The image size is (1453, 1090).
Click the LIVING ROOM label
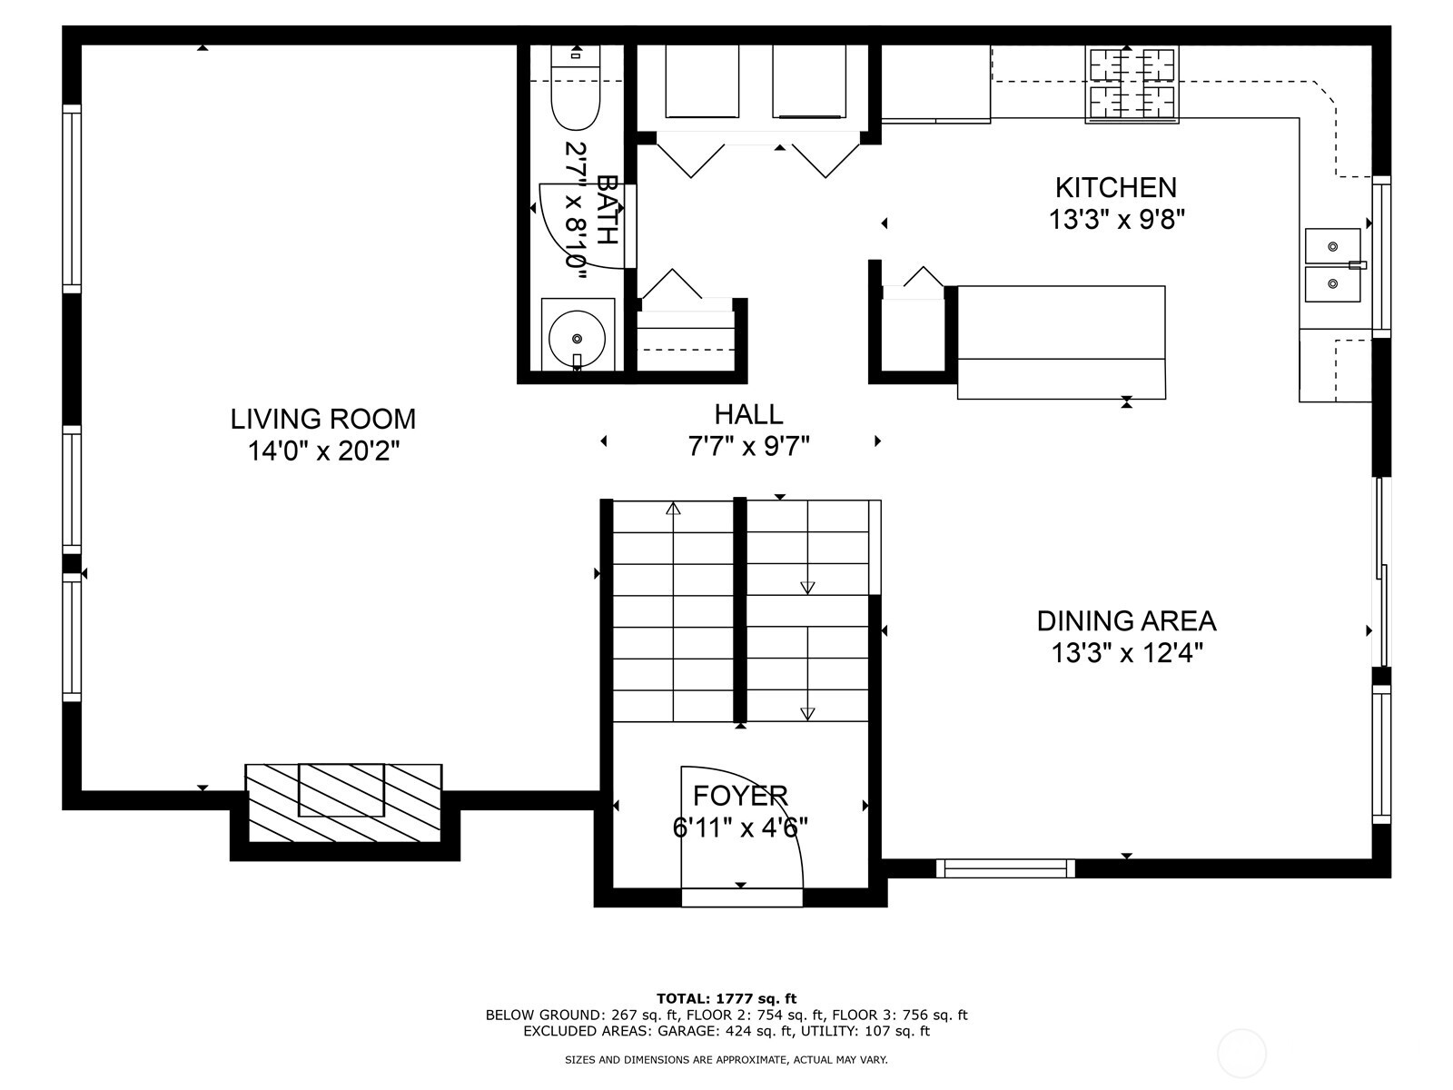pos(322,419)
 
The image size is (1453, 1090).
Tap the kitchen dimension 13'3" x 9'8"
pos(1116,220)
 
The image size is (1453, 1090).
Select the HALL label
pos(748,414)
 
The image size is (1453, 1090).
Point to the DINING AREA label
pos(1126,621)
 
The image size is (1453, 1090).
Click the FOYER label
pos(740,796)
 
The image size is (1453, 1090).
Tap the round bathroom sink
pos(577,337)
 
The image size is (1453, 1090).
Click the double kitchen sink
pos(1332,265)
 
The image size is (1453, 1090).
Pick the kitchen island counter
pos(1061,342)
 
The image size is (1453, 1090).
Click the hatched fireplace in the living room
pos(343,801)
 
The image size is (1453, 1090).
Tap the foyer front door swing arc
pos(781,817)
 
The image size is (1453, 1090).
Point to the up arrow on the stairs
pos(673,510)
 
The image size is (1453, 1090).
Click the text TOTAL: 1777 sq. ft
pos(726,998)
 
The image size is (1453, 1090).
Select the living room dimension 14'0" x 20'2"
pos(323,451)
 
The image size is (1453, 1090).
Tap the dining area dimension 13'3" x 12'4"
pos(1127,653)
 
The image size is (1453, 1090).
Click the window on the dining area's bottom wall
pos(1005,868)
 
